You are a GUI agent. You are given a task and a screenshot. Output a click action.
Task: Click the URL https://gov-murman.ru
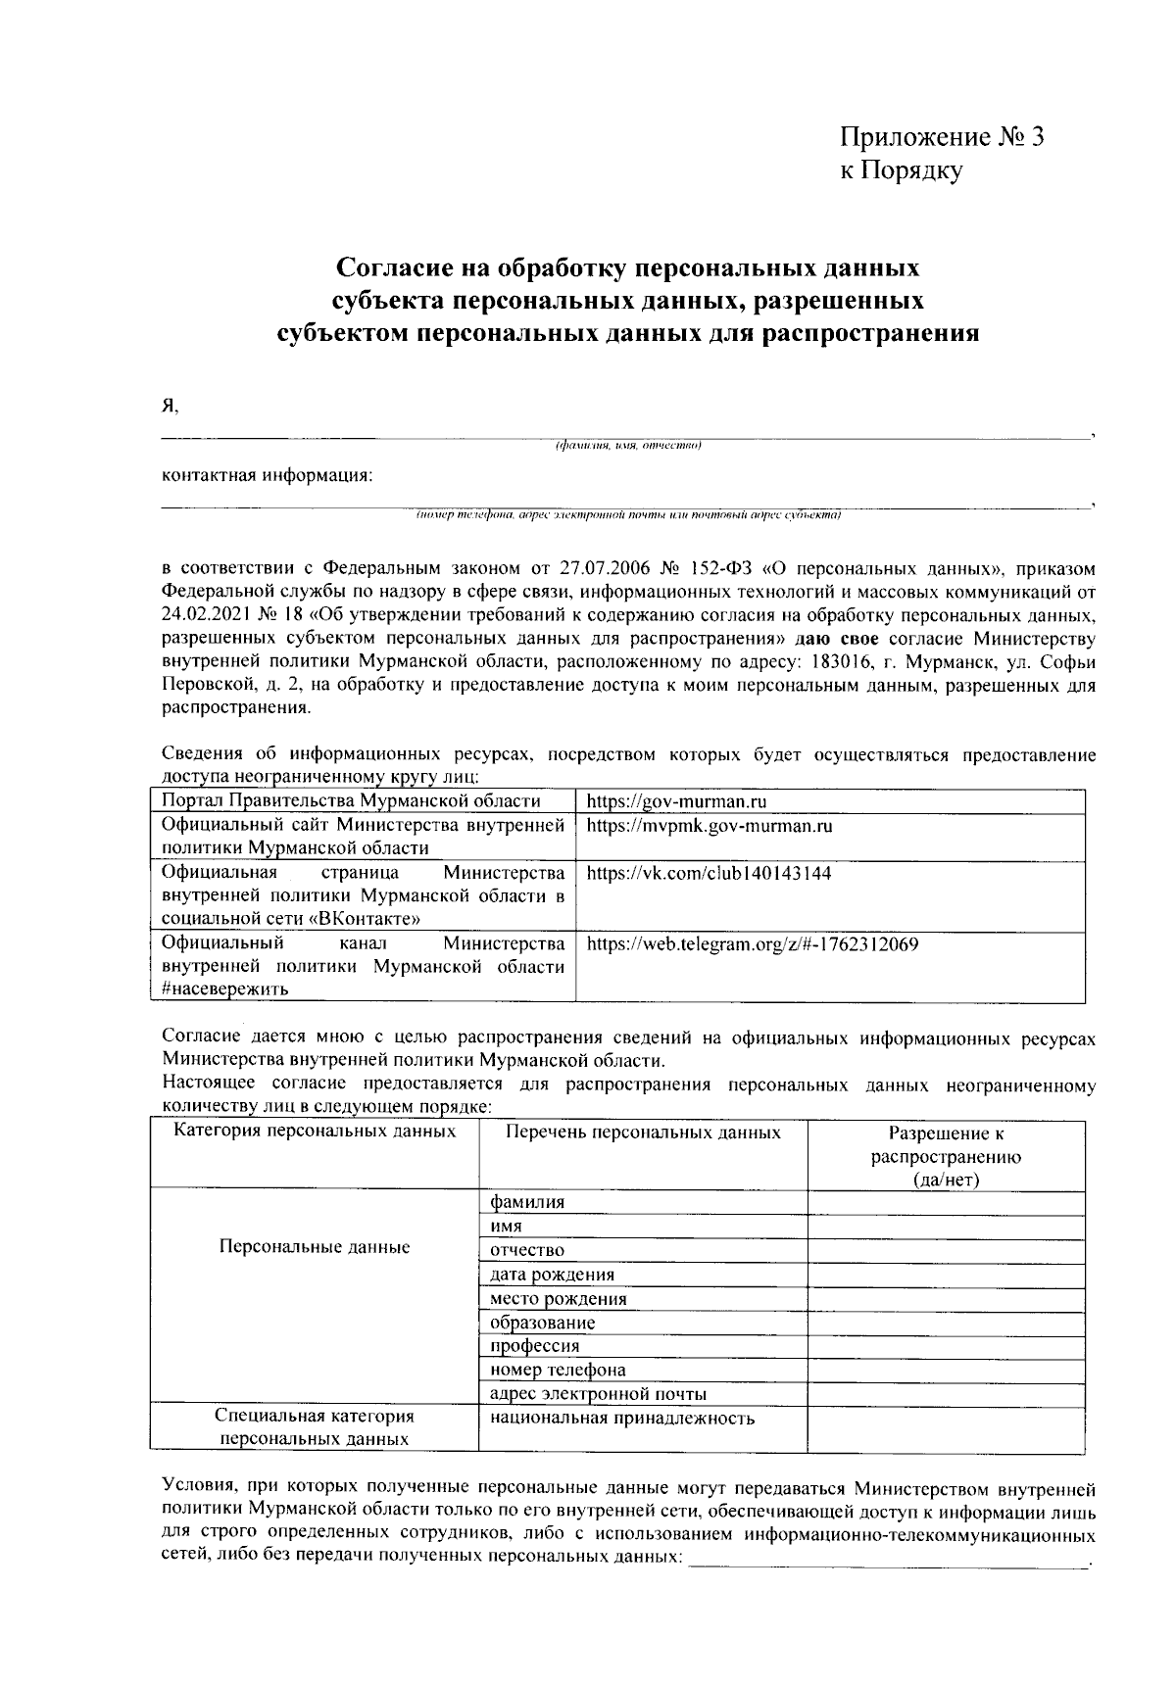(676, 801)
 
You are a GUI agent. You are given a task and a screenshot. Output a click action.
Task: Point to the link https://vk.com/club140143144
(709, 873)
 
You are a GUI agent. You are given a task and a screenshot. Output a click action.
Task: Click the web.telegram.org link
(752, 945)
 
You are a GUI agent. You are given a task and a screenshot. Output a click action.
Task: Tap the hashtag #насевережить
(224, 988)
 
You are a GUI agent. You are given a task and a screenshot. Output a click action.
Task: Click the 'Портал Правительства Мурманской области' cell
(351, 801)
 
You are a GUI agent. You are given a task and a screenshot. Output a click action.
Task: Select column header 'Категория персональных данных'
(315, 1133)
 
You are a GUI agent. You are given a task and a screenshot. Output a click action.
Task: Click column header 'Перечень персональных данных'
(643, 1133)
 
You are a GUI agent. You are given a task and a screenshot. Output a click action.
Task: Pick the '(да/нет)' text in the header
(946, 1180)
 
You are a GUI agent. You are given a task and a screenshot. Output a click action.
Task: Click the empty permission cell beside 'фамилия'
(946, 1203)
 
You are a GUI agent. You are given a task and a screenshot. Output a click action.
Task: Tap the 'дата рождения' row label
(553, 1275)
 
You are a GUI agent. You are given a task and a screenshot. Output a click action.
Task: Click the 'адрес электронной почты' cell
(598, 1394)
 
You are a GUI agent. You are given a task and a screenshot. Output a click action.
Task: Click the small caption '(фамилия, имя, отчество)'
(628, 447)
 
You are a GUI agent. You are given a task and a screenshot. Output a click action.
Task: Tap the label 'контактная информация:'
(268, 476)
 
